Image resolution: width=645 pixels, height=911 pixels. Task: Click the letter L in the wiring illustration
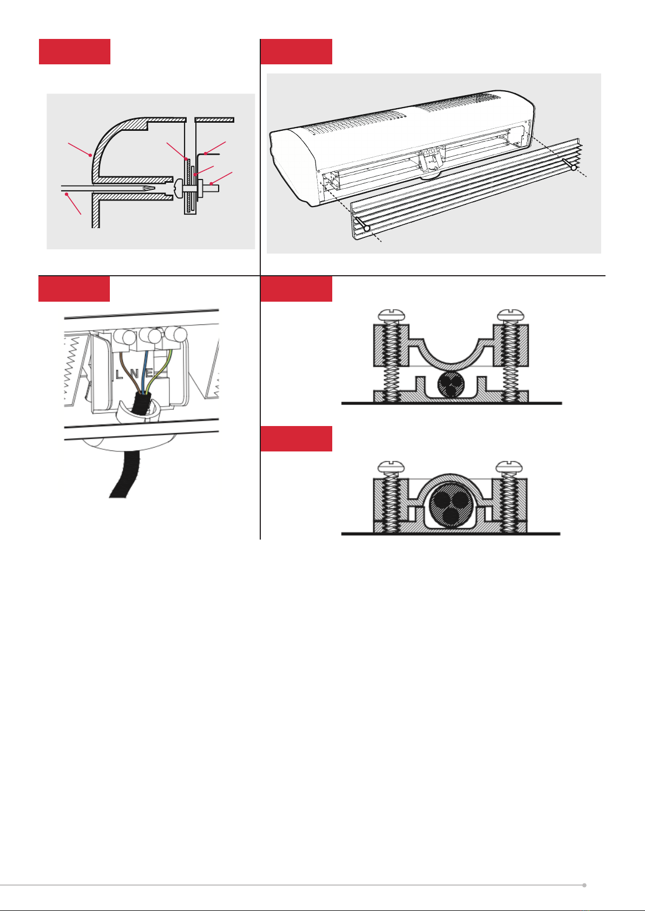point(119,374)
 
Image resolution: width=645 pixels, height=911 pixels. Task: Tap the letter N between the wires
point(135,374)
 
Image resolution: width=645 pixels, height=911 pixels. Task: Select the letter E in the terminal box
point(149,373)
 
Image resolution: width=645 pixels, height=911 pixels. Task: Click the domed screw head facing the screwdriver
point(178,189)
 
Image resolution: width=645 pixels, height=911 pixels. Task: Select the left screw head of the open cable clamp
point(391,315)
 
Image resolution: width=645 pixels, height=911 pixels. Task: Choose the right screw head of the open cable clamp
point(511,315)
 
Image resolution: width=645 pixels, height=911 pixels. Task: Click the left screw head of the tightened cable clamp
point(391,467)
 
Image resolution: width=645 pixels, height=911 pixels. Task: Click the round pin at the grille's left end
point(366,228)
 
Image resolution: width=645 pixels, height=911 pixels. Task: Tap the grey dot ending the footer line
point(584,885)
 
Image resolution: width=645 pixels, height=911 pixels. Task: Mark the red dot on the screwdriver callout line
point(67,195)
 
